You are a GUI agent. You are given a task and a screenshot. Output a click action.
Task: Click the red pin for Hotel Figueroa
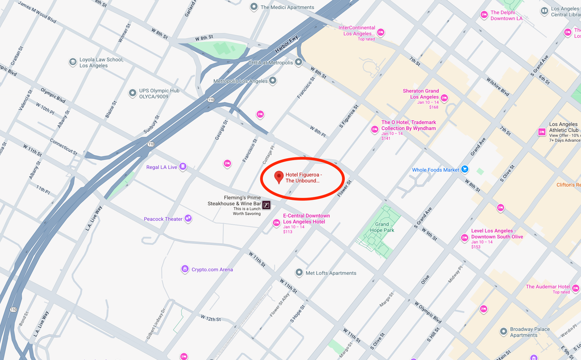tap(279, 177)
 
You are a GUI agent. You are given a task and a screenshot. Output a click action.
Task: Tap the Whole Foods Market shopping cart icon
tap(465, 169)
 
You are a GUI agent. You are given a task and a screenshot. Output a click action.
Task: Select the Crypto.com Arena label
tap(212, 270)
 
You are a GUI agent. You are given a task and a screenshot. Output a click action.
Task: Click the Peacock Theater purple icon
tap(188, 219)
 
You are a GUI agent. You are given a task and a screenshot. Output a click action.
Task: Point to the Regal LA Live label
tap(162, 167)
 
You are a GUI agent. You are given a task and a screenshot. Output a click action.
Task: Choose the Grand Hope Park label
tap(382, 227)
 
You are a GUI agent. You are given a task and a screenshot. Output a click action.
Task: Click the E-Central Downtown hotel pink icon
tap(276, 223)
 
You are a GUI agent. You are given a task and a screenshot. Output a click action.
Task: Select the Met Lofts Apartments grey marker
tap(299, 273)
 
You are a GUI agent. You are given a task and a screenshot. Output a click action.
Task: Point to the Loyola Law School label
tap(101, 62)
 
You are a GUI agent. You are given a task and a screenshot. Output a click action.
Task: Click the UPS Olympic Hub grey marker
tap(132, 93)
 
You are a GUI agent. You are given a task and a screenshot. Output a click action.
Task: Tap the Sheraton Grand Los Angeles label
tap(421, 94)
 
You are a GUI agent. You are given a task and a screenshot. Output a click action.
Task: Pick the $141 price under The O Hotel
tap(386, 138)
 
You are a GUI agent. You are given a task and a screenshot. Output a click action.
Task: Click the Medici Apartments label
tap(287, 7)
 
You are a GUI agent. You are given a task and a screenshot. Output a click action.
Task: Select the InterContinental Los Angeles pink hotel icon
tap(381, 32)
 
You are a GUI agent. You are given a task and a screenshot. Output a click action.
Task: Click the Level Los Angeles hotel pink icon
tap(464, 238)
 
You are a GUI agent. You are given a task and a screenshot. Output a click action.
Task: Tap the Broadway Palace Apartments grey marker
tap(504, 332)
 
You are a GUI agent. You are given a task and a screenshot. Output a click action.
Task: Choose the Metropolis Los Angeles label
tap(240, 81)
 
